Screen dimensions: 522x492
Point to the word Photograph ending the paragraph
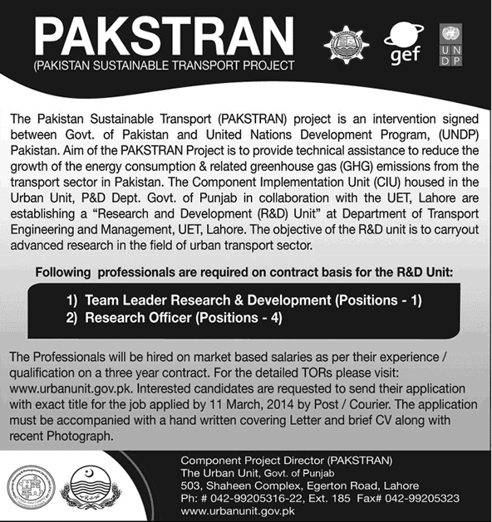tap(74, 436)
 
